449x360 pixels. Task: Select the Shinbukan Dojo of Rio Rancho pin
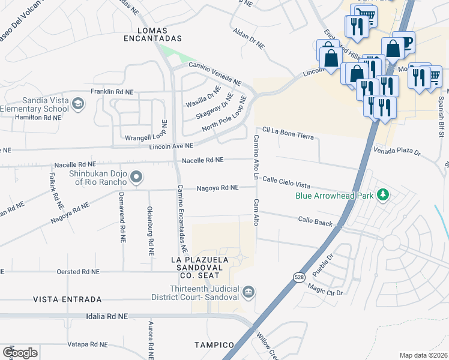[x=137, y=176]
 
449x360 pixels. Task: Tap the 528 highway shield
[x=298, y=277]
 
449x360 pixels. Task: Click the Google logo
[x=20, y=352]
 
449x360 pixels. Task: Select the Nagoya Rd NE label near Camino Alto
[x=218, y=188]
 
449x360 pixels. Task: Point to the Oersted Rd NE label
[x=74, y=272]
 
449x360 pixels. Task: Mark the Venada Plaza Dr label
[x=398, y=152]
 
